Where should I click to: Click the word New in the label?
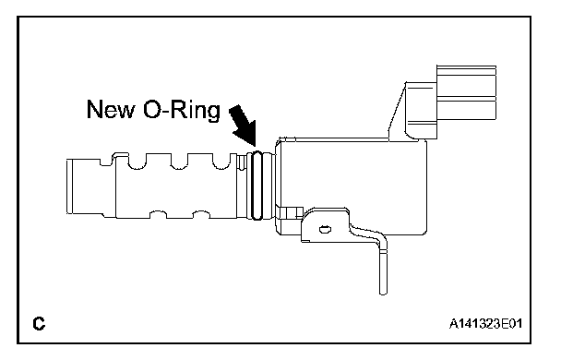[110, 109]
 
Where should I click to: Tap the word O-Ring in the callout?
[182, 110]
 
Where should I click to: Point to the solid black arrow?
[245, 126]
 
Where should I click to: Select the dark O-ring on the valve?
[257, 186]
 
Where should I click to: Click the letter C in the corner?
[39, 323]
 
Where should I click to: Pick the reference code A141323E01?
[485, 323]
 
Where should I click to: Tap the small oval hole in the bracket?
[325, 229]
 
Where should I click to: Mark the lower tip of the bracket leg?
[383, 294]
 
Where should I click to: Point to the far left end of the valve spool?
[67, 186]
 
